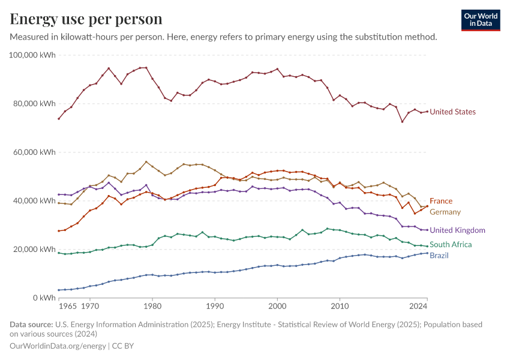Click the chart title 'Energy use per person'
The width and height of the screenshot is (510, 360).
(x=86, y=19)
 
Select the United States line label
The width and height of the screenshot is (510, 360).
(x=452, y=112)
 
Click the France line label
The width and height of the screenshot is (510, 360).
(x=441, y=201)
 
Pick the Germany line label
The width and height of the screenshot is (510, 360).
(x=445, y=212)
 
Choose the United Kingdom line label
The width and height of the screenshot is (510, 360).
(x=457, y=230)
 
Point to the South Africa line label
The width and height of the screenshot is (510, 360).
(x=451, y=245)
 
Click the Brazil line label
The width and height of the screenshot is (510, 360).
(x=439, y=256)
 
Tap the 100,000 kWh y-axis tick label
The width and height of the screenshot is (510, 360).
(x=32, y=55)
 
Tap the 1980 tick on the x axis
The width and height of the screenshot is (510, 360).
(x=152, y=306)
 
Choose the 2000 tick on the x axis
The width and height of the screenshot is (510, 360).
(x=277, y=306)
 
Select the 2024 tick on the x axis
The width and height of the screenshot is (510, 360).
(x=418, y=306)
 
